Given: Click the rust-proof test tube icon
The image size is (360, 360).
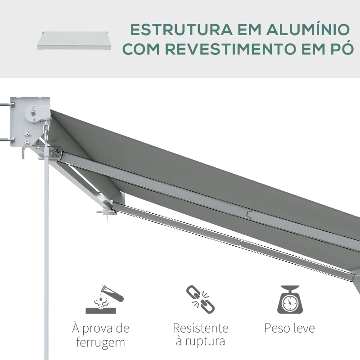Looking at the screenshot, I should click(x=104, y=299).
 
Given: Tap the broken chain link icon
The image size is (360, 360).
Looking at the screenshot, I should click(x=200, y=299).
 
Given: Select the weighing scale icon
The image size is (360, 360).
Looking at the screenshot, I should click(x=290, y=299).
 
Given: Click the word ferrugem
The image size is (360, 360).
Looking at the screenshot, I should click(x=100, y=342).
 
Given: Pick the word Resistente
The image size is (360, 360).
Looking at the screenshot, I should click(x=200, y=328).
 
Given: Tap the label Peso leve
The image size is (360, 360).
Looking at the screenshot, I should click(x=290, y=328).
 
